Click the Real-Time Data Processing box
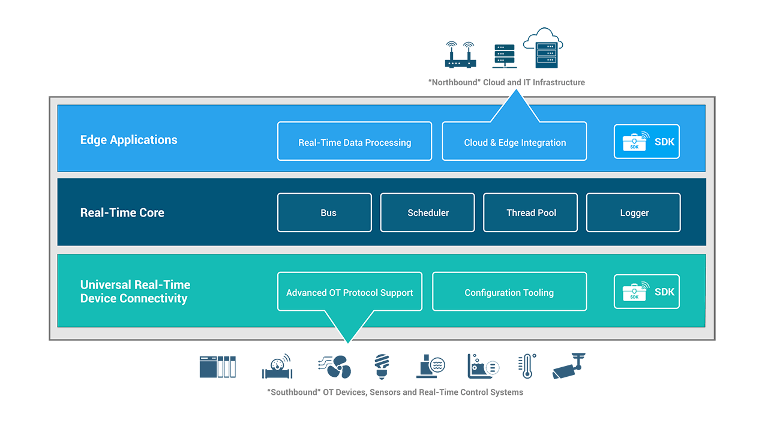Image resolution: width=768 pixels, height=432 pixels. point(355,142)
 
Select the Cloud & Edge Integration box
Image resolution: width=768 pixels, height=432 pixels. point(514,142)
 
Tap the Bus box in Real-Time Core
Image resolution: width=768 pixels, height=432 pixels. point(325,212)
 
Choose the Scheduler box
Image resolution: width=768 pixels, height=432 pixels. point(427,212)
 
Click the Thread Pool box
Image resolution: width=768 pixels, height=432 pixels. point(530,212)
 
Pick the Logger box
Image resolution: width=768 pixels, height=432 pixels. point(634,212)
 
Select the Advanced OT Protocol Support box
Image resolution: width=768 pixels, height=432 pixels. point(350,292)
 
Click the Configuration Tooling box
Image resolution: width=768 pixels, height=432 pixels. point(509,292)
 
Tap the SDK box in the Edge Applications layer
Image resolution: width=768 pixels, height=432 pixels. point(646,142)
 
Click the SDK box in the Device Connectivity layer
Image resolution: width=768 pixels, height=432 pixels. point(646,292)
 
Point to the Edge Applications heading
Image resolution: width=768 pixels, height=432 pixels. point(129,140)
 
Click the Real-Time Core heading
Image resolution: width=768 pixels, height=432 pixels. point(122,212)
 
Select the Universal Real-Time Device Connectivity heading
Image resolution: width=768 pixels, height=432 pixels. point(135,292)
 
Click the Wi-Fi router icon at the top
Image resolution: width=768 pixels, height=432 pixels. point(460,55)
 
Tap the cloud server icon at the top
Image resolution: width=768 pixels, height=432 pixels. point(544,47)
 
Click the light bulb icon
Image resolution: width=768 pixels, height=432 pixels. point(382,366)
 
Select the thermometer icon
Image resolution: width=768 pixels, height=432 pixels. point(527,366)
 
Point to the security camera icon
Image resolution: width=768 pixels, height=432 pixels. point(569,366)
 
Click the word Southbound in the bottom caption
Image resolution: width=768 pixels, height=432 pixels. point(290,392)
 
